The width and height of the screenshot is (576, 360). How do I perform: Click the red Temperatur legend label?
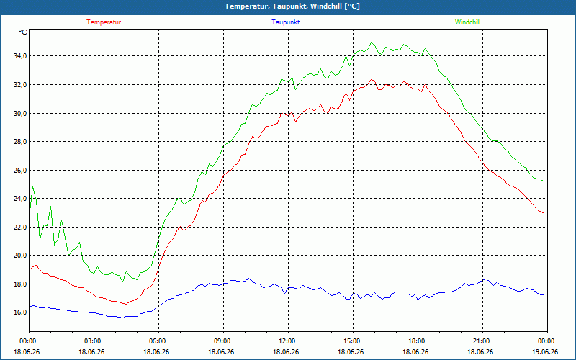pyautogui.click(x=104, y=22)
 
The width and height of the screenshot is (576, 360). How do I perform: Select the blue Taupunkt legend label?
pyautogui.click(x=285, y=22)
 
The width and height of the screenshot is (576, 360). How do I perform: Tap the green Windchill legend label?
pyautogui.click(x=467, y=22)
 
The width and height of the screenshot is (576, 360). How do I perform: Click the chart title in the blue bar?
pyautogui.click(x=292, y=6)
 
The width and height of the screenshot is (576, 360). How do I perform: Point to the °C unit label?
pyautogui.click(x=23, y=32)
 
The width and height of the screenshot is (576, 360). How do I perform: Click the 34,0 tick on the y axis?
pyautogui.click(x=20, y=56)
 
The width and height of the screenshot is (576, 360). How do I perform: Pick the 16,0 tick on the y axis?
pyautogui.click(x=20, y=312)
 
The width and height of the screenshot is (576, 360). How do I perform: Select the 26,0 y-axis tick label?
pyautogui.click(x=20, y=170)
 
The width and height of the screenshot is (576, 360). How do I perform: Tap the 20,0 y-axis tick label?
pyautogui.click(x=20, y=256)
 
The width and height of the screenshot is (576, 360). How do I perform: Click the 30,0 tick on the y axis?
pyautogui.click(x=20, y=113)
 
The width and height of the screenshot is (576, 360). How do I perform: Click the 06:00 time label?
pyautogui.click(x=158, y=341)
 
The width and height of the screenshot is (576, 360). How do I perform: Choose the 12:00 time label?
pyautogui.click(x=289, y=341)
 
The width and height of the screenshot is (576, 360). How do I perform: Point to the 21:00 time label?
pyautogui.click(x=482, y=341)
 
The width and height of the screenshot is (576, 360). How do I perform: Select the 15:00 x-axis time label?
pyautogui.click(x=353, y=341)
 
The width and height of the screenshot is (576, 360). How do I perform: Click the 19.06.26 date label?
pyautogui.click(x=545, y=351)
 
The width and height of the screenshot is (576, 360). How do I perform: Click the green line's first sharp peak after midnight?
pyautogui.click(x=32, y=186)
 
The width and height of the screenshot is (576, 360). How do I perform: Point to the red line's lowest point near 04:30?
pyautogui.click(x=125, y=304)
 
